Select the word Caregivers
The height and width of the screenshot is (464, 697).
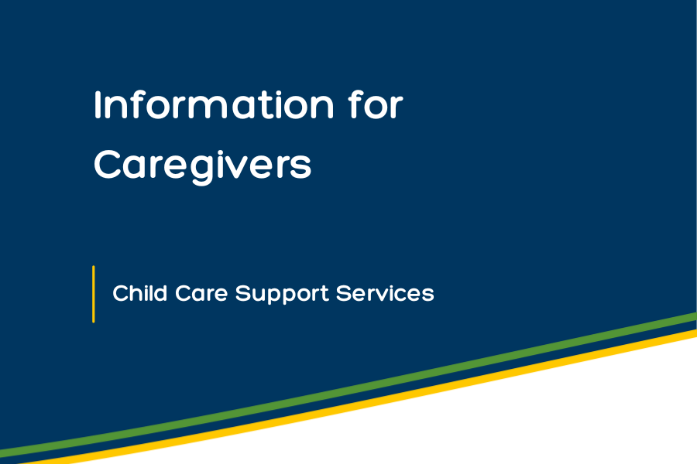[202, 165]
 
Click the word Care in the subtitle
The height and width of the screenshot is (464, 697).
[201, 294]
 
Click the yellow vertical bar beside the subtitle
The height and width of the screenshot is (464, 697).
[94, 294]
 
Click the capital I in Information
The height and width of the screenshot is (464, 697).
[98, 105]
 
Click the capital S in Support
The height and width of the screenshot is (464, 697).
[242, 294]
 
